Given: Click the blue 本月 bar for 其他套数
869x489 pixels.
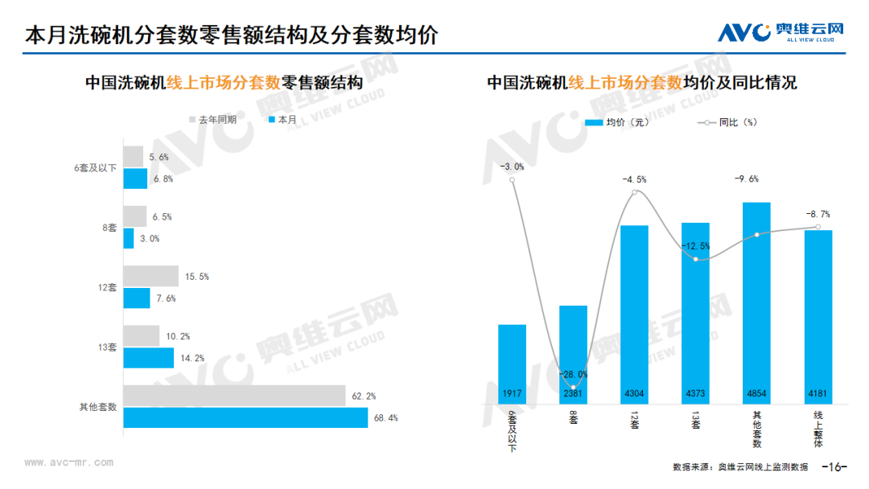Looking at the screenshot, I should (x=245, y=417).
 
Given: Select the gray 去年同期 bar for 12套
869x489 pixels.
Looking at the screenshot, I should (x=150, y=276).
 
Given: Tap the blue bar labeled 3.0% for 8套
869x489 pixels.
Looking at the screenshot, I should (x=129, y=238).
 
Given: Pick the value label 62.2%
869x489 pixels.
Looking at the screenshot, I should (x=364, y=396).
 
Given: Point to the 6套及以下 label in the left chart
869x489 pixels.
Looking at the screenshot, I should (x=95, y=167).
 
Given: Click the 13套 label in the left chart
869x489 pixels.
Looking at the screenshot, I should (x=108, y=347).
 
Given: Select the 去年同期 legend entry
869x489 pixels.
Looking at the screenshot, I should (x=212, y=120).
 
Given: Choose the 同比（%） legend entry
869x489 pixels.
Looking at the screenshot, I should (x=728, y=122).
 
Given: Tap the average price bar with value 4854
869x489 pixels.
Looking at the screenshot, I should (x=756, y=302).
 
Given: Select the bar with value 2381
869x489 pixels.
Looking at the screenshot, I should (x=573, y=354).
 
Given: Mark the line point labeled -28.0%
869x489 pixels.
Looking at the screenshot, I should (x=573, y=388).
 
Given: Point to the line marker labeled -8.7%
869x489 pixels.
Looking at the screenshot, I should (x=818, y=228).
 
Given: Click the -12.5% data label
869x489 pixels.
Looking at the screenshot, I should (x=695, y=246).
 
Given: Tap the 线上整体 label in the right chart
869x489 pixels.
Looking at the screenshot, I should (x=818, y=426).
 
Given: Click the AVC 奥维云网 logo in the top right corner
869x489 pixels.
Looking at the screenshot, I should (x=780, y=32).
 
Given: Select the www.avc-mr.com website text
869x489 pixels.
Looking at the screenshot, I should (x=68, y=462).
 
